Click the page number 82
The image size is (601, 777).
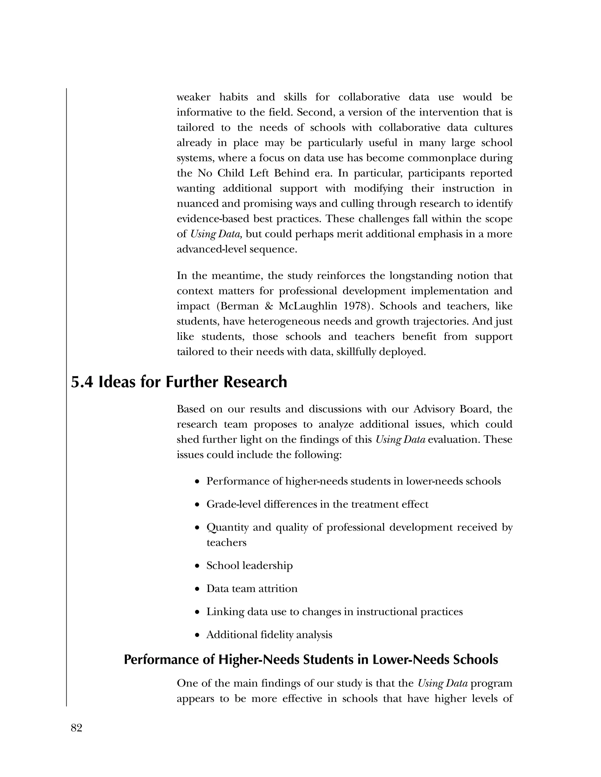tap(77, 728)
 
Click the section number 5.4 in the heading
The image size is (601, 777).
tap(82, 382)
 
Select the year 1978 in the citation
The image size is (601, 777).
tap(353, 306)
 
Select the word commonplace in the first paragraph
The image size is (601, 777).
tap(441, 158)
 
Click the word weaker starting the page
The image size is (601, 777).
tap(193, 97)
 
